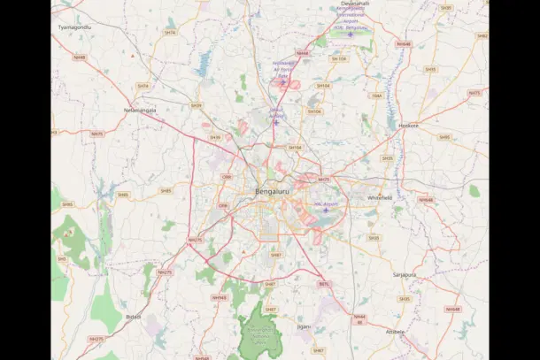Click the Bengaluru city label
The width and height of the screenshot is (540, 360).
click(272, 192)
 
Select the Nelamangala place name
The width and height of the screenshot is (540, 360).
click(140, 110)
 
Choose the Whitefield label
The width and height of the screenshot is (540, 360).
click(380, 197)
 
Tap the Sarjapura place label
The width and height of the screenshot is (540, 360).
click(405, 275)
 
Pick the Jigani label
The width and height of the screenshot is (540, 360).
click(304, 326)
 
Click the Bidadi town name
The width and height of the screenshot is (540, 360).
click(134, 316)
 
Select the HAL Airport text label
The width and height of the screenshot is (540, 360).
click(326, 204)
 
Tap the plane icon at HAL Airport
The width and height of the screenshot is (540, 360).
click(325, 211)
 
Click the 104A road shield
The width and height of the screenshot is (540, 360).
click(376, 96)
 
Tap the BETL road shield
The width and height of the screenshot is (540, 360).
click(324, 284)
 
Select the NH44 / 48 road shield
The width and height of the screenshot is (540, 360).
click(359, 319)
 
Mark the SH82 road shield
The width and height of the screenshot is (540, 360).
click(482, 36)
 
